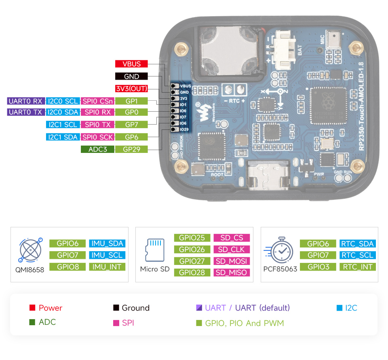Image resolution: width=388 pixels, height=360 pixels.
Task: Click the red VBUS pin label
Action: [x=131, y=64]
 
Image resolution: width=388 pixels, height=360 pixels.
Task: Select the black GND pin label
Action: [x=131, y=76]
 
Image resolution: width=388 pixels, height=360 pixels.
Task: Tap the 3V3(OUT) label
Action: [x=131, y=89]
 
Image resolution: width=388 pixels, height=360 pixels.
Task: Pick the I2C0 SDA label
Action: [x=62, y=112]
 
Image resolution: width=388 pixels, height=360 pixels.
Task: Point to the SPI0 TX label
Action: [x=97, y=125]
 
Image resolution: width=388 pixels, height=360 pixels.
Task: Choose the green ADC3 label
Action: [x=97, y=149]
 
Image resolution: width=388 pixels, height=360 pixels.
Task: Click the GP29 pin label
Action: [x=131, y=149]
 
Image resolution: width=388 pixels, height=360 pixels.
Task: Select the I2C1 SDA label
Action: [x=62, y=137]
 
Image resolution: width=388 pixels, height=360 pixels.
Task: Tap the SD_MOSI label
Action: [x=231, y=261]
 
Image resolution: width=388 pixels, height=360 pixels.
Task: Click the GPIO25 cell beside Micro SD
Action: [x=192, y=238]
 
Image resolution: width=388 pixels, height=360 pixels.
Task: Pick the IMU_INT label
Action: [x=107, y=267]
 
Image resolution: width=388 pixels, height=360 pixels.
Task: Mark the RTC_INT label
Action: [x=358, y=267]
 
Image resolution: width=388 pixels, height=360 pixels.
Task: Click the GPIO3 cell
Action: [x=318, y=267]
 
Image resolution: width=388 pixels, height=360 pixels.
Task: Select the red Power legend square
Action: [x=32, y=308]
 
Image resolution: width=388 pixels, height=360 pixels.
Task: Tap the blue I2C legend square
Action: [x=339, y=308]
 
